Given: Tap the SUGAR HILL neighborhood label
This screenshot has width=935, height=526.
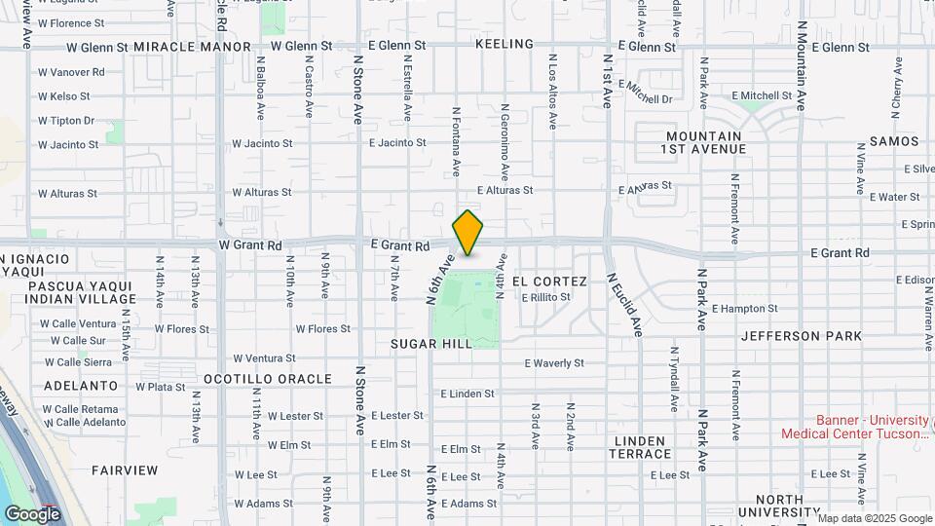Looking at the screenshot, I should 431,344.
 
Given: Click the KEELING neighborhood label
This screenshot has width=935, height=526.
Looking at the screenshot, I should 505,44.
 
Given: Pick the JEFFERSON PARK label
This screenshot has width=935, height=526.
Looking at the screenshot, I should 801,336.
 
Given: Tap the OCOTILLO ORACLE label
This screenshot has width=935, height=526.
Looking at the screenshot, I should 267,378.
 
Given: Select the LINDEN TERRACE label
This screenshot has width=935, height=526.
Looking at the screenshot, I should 641,447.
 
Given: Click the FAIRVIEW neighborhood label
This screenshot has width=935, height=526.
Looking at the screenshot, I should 125,470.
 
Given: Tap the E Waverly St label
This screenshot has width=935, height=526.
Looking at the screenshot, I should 553,363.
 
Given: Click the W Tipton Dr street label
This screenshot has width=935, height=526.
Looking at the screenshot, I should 66,121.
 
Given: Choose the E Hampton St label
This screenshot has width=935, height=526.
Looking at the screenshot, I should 744,308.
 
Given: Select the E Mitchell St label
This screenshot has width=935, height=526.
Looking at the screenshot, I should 762,95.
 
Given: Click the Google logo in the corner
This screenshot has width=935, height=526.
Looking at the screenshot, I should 32,513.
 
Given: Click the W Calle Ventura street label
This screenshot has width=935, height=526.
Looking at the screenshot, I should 83,323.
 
